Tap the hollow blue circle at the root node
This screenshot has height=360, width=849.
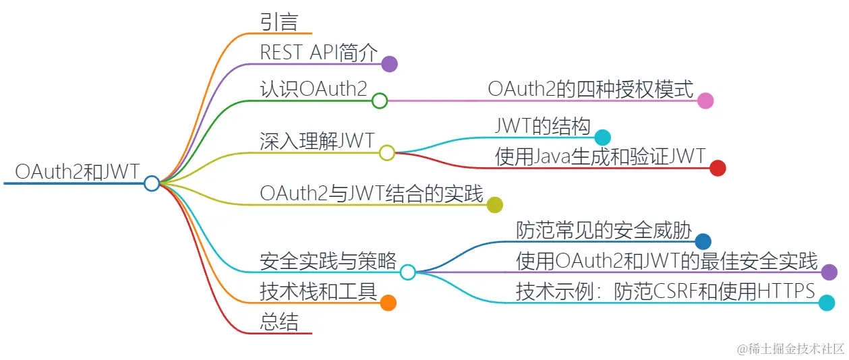[x=152, y=183]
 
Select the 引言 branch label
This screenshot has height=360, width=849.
[x=279, y=22]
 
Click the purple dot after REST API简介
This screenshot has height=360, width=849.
[x=389, y=64]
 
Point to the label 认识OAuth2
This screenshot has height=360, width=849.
[x=314, y=88]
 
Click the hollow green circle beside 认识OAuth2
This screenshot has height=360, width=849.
[x=380, y=101]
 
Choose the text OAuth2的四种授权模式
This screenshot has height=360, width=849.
[x=591, y=88]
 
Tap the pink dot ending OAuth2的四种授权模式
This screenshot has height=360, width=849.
[x=705, y=101]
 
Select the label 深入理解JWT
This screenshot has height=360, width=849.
[x=317, y=140]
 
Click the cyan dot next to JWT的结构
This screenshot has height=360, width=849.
[x=602, y=138]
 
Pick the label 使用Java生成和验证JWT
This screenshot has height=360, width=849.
[x=600, y=156]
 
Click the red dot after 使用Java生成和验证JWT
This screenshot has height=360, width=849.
[x=718, y=169]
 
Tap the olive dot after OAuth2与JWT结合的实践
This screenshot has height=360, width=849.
[x=494, y=205]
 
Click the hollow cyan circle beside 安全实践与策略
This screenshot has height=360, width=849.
[x=407, y=272]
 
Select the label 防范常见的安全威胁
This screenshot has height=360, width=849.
[x=604, y=230]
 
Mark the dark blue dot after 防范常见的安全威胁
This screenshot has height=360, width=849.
[x=703, y=241]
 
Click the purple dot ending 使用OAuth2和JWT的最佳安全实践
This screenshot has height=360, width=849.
[x=829, y=272]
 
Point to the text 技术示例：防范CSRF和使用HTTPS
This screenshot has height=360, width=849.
[x=666, y=291]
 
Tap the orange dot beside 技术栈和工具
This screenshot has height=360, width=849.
[x=388, y=303]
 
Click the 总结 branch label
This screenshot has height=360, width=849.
[x=279, y=322]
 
